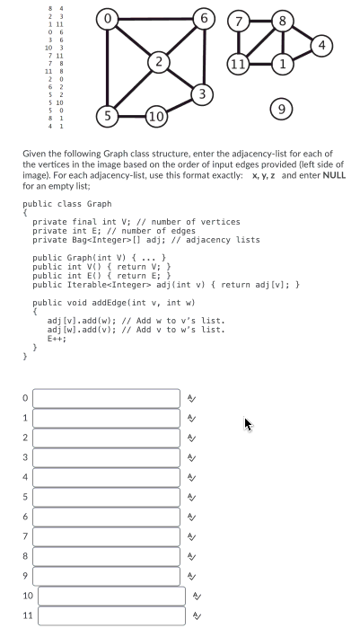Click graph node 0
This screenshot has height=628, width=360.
tap(107, 18)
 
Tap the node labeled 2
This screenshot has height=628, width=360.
tap(158, 61)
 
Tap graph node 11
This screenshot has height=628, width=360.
tap(238, 65)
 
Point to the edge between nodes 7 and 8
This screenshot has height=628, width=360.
tap(260, 19)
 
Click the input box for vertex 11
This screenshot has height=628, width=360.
tap(112, 615)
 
